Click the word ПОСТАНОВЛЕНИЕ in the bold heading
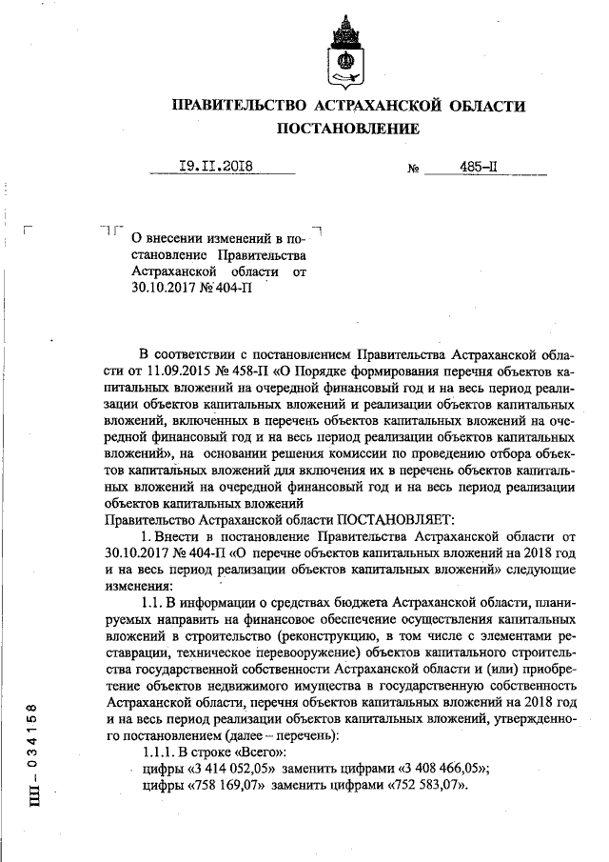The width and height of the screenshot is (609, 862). (347, 128)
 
